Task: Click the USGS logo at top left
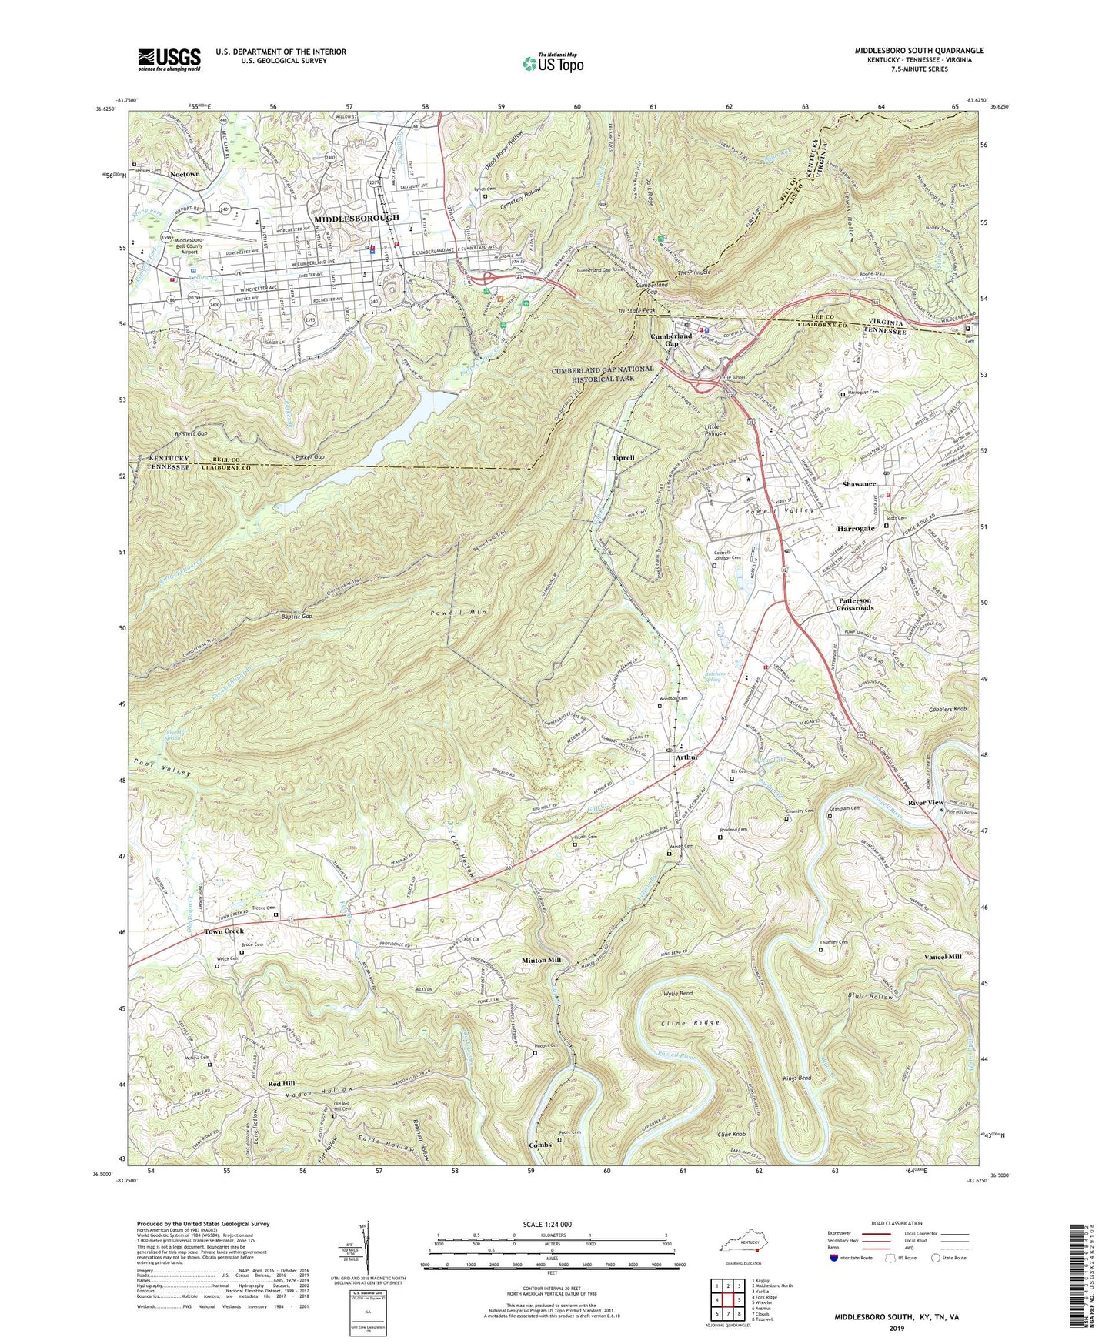pyautogui.click(x=169, y=59)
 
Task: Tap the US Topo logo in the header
pyautogui.click(x=552, y=62)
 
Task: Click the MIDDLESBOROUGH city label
pyautogui.click(x=356, y=219)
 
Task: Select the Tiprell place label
pyautogui.click(x=623, y=457)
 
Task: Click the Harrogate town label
pyautogui.click(x=856, y=529)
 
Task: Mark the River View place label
pyautogui.click(x=925, y=803)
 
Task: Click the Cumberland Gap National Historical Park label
pyautogui.click(x=602, y=374)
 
